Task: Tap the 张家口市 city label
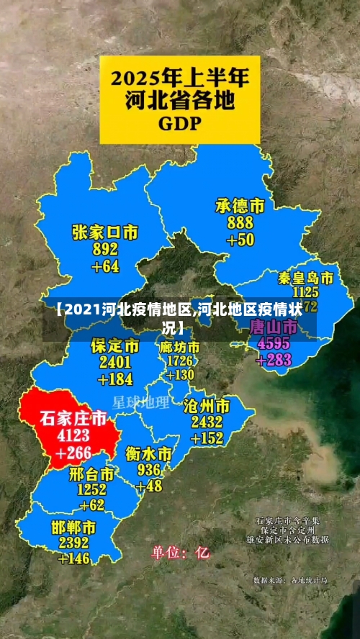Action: click(x=105, y=232)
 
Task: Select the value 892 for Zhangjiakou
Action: click(x=105, y=250)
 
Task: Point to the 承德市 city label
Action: click(x=240, y=207)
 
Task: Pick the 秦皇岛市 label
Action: click(x=305, y=278)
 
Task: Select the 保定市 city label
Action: click(x=115, y=346)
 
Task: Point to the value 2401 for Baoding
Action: click(x=115, y=363)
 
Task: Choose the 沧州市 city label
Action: click(x=207, y=404)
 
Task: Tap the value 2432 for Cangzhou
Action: click(x=207, y=421)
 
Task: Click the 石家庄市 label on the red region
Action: click(x=73, y=418)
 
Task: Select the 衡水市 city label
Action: click(x=148, y=454)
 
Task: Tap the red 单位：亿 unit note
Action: click(x=180, y=553)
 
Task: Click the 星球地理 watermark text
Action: click(x=141, y=402)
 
